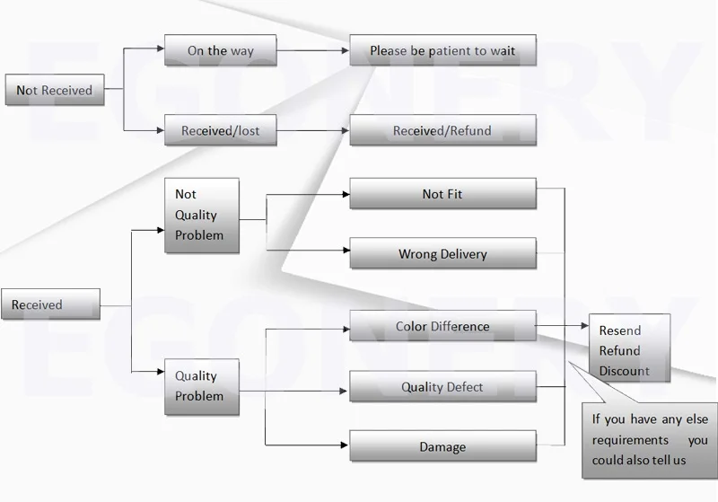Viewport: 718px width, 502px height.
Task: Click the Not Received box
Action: tap(55, 91)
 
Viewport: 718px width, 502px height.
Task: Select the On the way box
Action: tap(220, 51)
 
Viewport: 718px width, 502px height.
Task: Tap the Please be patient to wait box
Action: tap(442, 51)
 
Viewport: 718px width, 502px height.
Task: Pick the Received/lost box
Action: tap(220, 131)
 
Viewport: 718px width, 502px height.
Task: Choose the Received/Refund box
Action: tap(442, 131)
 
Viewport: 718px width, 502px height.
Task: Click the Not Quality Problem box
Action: tap(201, 216)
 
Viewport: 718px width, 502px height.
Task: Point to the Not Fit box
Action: tap(442, 194)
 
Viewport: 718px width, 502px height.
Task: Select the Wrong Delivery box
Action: tap(442, 254)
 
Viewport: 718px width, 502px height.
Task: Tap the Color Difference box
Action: tap(442, 327)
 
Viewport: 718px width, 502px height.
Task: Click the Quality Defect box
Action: tap(442, 388)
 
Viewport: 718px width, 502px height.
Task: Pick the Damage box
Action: tap(442, 447)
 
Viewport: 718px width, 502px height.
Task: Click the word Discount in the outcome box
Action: tap(625, 371)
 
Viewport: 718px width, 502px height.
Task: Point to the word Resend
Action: tap(620, 330)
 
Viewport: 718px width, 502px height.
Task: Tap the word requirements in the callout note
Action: tap(630, 440)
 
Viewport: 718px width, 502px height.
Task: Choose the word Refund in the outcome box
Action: tap(620, 350)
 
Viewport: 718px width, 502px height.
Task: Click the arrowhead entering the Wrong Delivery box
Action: tap(346, 250)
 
